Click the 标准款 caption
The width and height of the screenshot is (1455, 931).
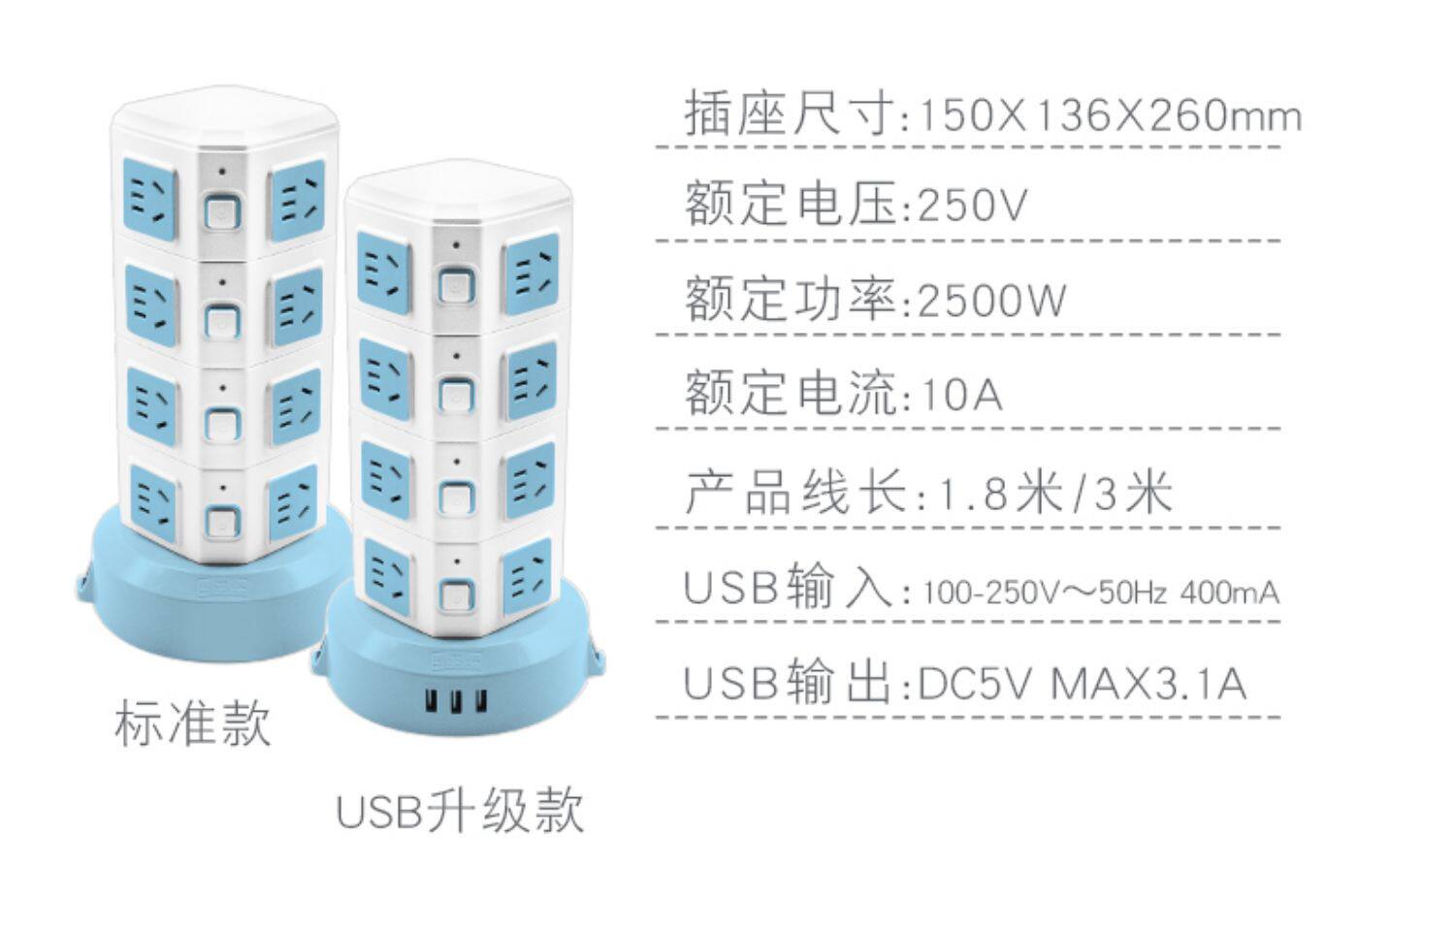point(192,725)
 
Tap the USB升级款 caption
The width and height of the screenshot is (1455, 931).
point(460,811)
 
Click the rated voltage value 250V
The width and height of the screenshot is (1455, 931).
point(972,205)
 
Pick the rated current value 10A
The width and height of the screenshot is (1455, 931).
point(962,394)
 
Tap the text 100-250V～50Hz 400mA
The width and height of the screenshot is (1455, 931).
point(1102,593)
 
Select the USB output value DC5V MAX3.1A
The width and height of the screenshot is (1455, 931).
point(1083,684)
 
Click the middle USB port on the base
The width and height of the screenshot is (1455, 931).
point(457,702)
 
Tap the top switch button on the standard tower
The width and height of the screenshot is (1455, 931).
point(223,212)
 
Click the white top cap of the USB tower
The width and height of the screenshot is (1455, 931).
point(458,191)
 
